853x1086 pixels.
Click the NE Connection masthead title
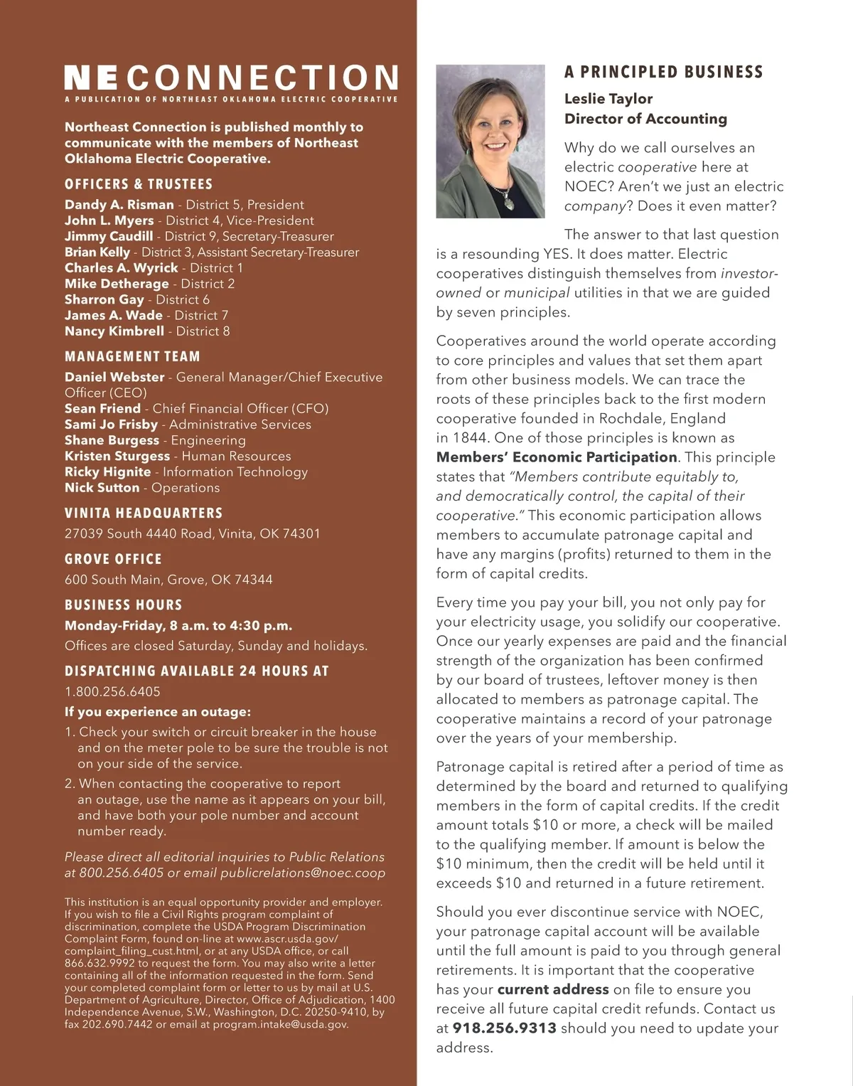click(x=231, y=78)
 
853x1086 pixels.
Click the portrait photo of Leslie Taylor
click(x=490, y=141)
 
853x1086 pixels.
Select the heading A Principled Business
click(x=663, y=72)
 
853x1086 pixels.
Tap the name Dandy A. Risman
click(x=119, y=205)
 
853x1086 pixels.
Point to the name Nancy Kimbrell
click(x=114, y=331)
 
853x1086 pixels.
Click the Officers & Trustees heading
click(x=139, y=184)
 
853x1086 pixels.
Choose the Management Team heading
click(x=132, y=356)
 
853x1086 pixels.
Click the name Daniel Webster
click(x=114, y=377)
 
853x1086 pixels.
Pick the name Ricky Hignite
click(x=107, y=472)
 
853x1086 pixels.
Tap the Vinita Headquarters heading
click(x=144, y=513)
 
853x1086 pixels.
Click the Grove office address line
click(x=168, y=580)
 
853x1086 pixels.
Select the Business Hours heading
click(x=124, y=605)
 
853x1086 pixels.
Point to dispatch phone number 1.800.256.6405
click(x=112, y=691)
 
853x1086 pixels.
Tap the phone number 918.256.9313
click(x=504, y=1028)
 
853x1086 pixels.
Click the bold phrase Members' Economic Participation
click(x=557, y=457)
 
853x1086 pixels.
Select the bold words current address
click(x=553, y=989)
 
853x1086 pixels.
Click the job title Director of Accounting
click(x=645, y=119)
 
